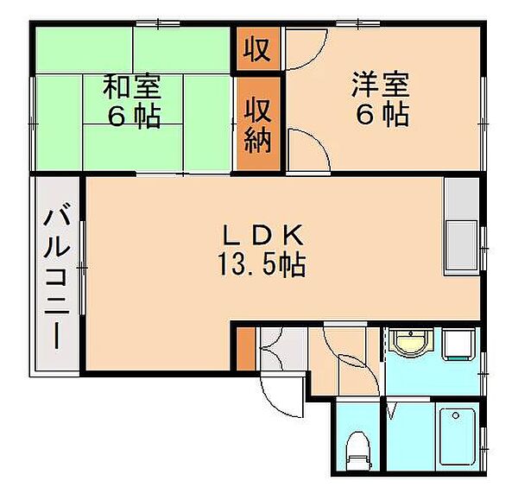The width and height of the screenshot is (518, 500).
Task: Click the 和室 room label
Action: [132, 87]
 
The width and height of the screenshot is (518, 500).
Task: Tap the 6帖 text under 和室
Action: [135, 117]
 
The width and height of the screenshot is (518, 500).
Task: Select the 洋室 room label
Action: [381, 85]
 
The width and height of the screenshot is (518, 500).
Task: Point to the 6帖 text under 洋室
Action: [382, 115]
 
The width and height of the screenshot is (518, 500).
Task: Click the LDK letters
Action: [263, 235]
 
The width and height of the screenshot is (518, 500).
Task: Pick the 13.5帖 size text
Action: [262, 265]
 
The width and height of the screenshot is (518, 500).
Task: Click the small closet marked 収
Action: [258, 49]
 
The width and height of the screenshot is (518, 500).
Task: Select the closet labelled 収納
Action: [258, 123]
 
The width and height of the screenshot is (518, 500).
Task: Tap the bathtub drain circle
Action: [456, 415]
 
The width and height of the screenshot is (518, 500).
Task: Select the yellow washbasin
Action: [410, 342]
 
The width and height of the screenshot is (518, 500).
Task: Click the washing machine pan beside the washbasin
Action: [458, 345]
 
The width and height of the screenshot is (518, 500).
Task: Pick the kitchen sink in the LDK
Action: [462, 245]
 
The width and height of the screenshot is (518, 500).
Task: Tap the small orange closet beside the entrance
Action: [246, 349]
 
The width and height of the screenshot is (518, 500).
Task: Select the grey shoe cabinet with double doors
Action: [283, 349]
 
